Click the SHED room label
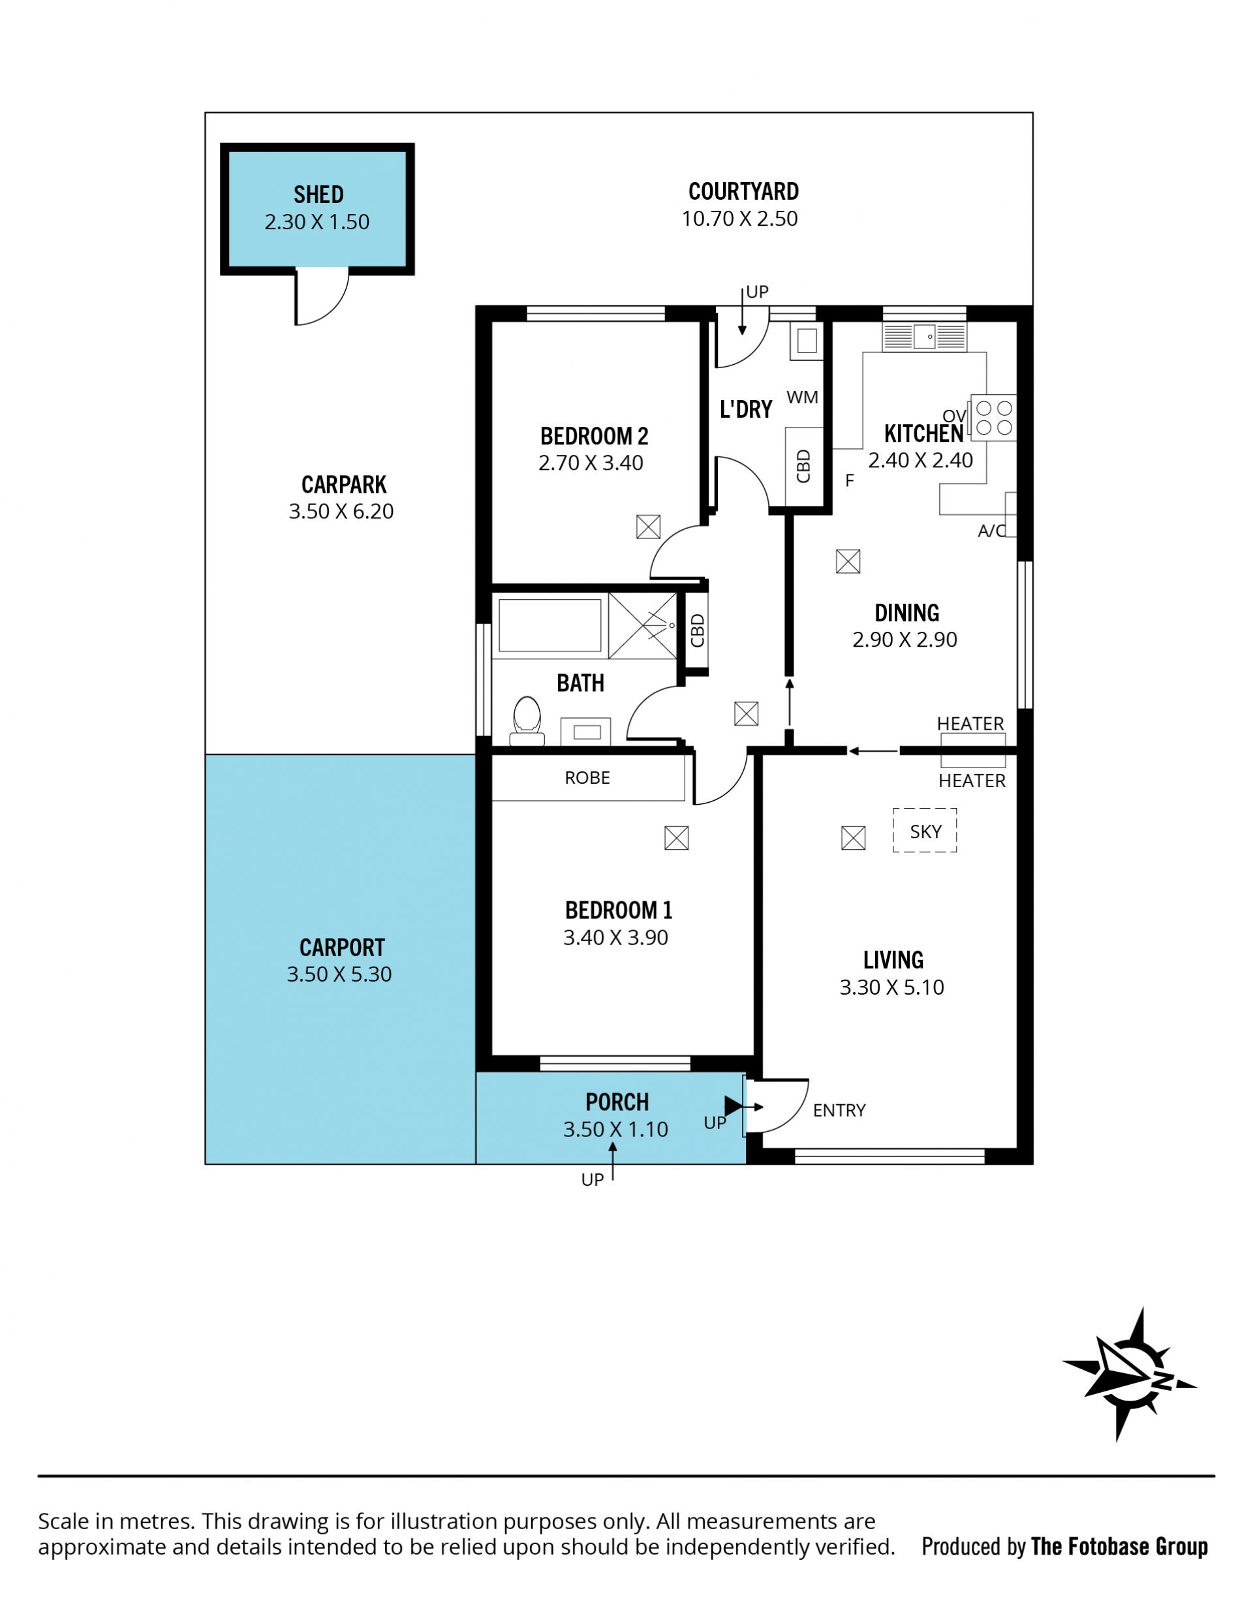[318, 194]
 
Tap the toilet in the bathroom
[527, 721]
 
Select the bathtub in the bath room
[550, 625]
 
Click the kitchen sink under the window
[924, 337]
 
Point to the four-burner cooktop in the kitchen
[994, 418]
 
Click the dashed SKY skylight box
[924, 830]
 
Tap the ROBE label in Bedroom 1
[587, 777]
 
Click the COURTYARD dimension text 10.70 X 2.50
[739, 219]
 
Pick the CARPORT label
[342, 948]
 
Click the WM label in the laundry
[802, 397]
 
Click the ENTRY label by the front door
[839, 1111]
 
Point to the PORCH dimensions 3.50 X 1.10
[615, 1130]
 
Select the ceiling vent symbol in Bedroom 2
[648, 527]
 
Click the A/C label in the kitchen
[992, 531]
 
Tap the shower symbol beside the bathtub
[643, 626]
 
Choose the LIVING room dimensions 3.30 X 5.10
[891, 987]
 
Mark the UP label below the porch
[592, 1180]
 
